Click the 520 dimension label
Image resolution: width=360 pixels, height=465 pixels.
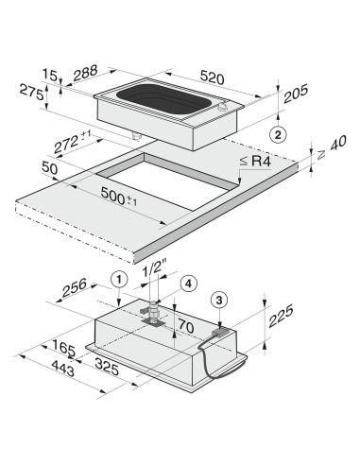(212, 77)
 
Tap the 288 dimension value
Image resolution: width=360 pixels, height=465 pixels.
(85, 73)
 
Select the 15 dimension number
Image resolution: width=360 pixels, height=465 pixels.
(50, 76)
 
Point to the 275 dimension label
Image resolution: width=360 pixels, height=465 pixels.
(31, 92)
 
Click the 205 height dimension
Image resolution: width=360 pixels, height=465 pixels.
(296, 94)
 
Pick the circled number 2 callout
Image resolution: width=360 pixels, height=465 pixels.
(278, 135)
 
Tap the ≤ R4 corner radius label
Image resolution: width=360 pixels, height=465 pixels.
(255, 162)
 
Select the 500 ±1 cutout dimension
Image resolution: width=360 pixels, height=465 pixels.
(119, 197)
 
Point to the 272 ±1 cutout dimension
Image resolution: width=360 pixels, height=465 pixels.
(72, 142)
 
